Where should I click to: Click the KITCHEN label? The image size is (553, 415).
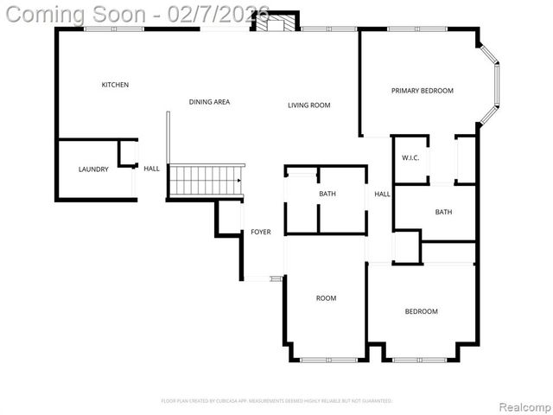click(115, 85)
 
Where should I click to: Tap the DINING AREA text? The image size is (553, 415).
click(209, 102)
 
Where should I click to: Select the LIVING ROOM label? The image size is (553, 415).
click(309, 105)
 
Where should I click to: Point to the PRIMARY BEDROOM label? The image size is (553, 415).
click(422, 91)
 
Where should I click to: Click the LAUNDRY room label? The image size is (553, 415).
click(93, 169)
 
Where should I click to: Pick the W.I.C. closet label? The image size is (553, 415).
click(410, 158)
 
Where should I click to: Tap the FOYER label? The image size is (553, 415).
click(261, 232)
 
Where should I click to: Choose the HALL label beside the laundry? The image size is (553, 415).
click(151, 169)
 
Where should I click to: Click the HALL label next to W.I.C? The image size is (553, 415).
click(382, 195)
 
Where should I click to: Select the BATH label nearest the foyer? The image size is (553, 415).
click(327, 194)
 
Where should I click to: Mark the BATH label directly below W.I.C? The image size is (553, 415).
click(443, 212)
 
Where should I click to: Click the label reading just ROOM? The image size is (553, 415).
click(326, 298)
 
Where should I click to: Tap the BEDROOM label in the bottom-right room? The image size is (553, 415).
click(422, 311)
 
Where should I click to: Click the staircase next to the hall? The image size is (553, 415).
click(206, 181)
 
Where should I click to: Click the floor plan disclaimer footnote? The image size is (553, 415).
click(276, 401)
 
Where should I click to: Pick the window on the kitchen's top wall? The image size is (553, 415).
click(114, 29)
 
